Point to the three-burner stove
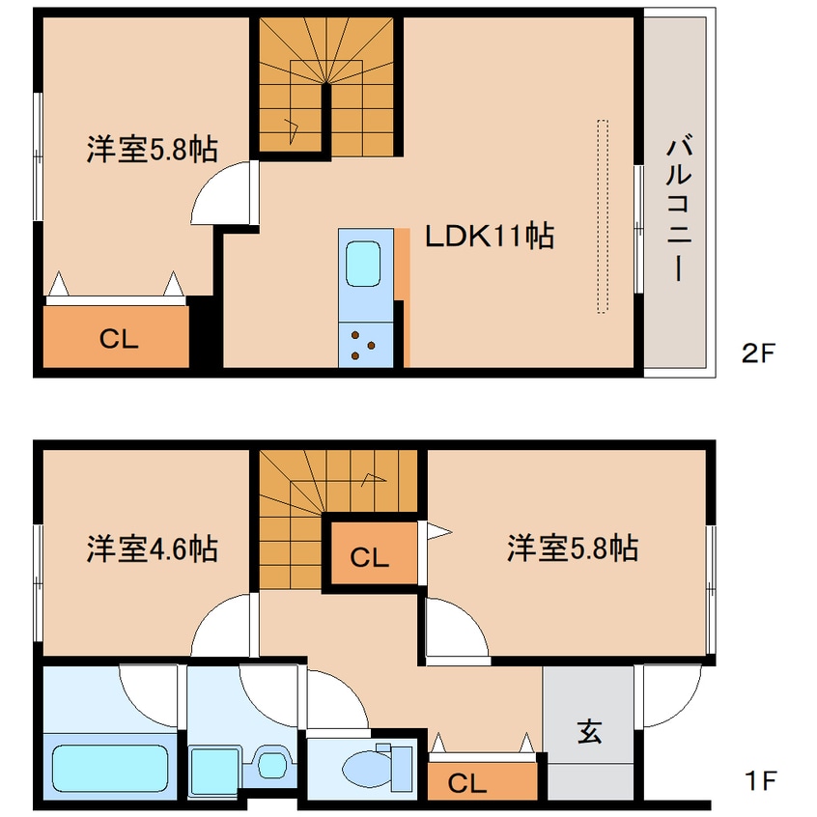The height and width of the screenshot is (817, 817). point(365,346)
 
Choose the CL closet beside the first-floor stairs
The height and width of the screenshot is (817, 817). point(369,557)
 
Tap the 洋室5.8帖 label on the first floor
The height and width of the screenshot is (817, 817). point(572,549)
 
